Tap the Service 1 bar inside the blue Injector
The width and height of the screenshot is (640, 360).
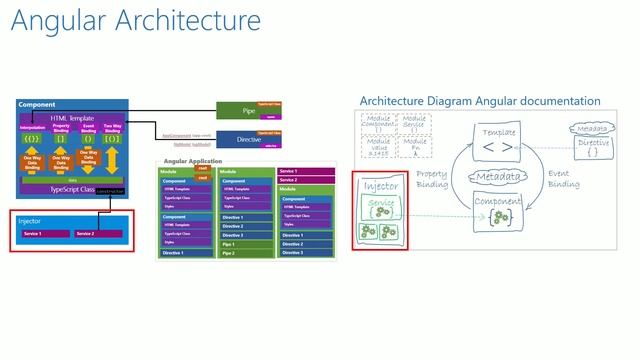click(45, 234)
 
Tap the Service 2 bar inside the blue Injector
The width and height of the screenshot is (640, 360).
click(98, 234)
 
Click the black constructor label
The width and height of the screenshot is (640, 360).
click(111, 189)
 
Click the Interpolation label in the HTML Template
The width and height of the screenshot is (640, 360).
click(32, 127)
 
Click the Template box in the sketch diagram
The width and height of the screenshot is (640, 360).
click(498, 146)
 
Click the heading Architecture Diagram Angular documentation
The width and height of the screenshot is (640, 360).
click(480, 101)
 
